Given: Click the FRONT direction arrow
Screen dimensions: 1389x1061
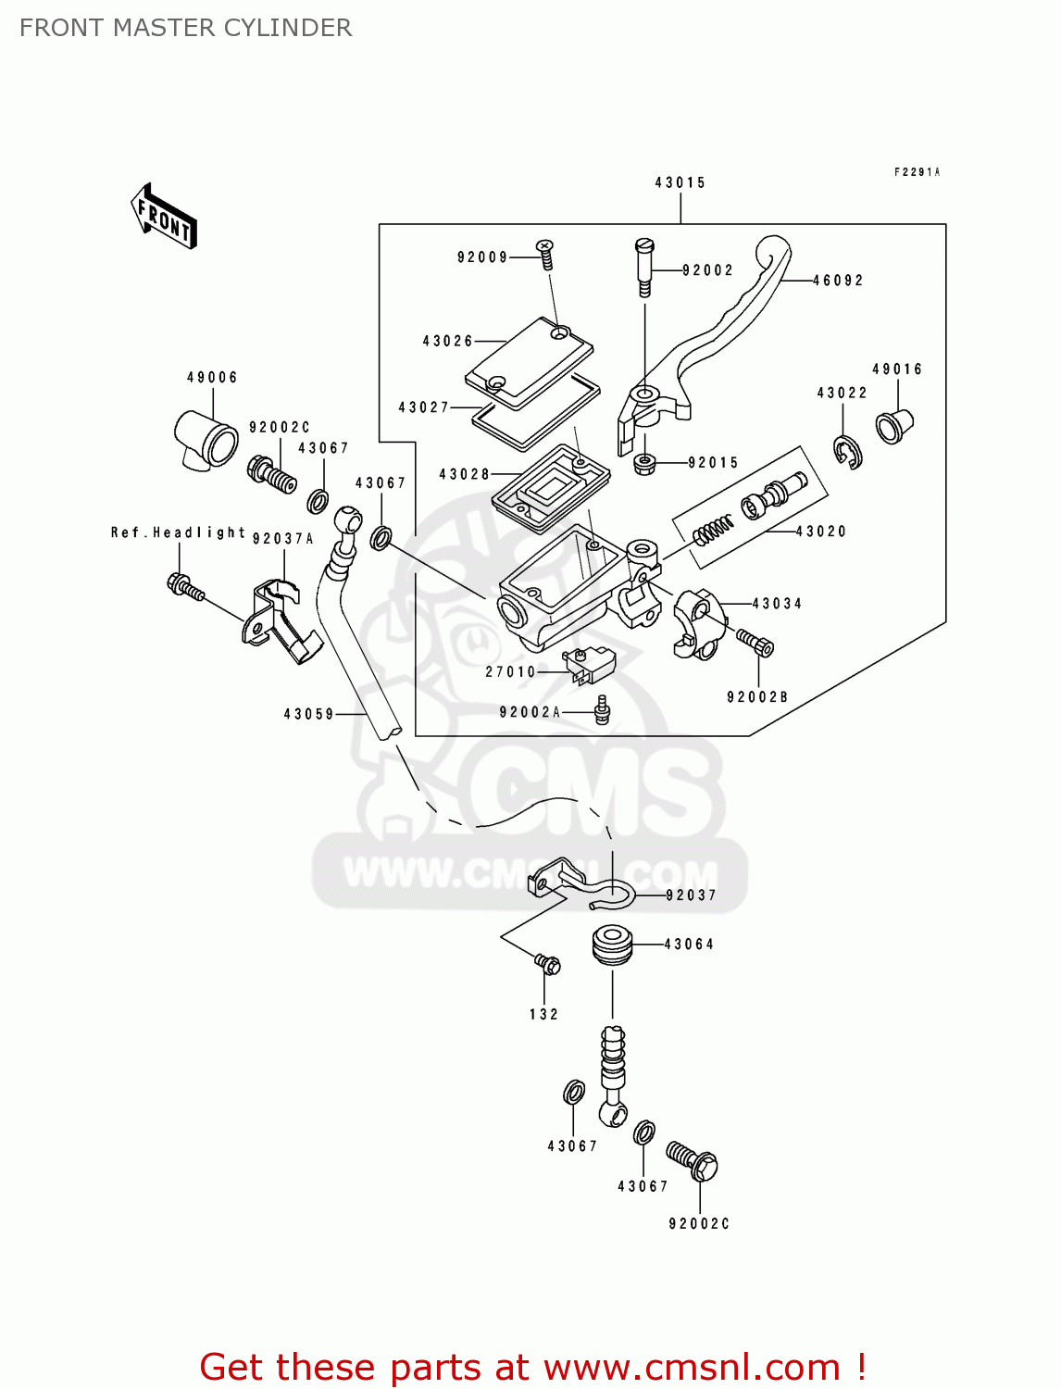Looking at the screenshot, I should [x=165, y=217].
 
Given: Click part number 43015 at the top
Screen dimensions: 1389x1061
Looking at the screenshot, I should [x=680, y=182].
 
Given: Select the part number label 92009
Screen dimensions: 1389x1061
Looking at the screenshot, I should [x=482, y=257].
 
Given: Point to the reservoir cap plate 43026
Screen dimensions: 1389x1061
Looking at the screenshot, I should [x=529, y=362].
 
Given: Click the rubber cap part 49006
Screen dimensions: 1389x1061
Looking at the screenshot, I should [x=206, y=437].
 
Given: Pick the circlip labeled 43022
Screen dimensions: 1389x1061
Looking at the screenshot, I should [x=846, y=451].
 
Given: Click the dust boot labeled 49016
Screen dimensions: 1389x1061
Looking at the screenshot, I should [x=894, y=425].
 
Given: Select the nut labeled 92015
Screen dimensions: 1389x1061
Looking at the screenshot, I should [x=644, y=462].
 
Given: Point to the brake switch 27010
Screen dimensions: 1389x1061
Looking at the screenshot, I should [x=583, y=664].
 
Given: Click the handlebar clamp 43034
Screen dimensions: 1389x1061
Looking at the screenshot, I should [x=694, y=623].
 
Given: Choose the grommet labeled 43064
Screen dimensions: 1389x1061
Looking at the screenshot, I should [x=612, y=945].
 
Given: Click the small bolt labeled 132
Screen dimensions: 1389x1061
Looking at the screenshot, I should [x=548, y=965].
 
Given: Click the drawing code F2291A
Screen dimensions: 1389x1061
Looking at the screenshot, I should [x=917, y=172].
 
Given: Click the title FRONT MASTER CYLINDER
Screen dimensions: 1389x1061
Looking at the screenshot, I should [x=185, y=28].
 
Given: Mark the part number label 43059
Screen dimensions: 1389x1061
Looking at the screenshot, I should [x=308, y=714].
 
